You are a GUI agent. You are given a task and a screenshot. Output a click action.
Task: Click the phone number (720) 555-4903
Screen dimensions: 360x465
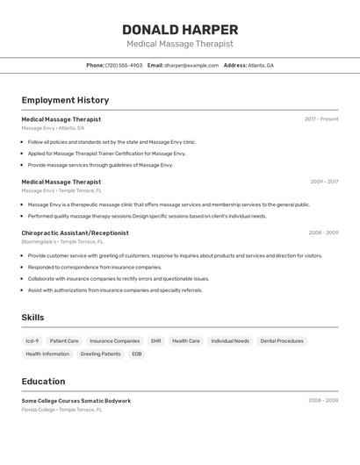point(124,65)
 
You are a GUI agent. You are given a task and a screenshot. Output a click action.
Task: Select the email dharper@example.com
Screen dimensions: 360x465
point(191,65)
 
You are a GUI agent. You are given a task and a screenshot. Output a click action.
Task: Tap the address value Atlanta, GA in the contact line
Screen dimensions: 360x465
point(261,65)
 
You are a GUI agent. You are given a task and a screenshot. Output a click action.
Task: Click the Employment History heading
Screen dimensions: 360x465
point(65,100)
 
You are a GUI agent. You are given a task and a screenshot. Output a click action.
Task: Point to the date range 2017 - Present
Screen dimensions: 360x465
point(321,119)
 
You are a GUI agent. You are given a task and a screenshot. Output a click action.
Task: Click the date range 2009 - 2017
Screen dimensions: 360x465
point(324,182)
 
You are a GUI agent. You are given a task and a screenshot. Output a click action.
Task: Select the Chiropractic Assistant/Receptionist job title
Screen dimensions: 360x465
point(75,232)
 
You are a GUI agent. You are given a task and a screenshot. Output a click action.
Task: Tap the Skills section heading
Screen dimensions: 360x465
point(32,318)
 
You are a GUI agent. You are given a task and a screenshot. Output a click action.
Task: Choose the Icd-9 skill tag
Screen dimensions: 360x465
point(32,340)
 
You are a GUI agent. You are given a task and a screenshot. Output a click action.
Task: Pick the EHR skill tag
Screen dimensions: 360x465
point(155,340)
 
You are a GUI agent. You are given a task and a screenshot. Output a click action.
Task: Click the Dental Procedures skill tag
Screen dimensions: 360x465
point(282,340)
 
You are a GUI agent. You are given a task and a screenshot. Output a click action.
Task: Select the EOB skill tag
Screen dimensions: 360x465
point(137,354)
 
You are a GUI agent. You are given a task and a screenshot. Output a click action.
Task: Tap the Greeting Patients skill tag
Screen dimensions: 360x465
point(100,354)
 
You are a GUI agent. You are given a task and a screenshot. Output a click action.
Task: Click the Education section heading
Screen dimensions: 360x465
point(43,382)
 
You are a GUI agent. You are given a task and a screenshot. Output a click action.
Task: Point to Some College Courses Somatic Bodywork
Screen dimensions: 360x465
point(76,400)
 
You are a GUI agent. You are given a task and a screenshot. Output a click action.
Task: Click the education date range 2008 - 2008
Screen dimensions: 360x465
point(323,400)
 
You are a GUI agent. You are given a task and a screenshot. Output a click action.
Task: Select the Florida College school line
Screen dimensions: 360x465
point(61,409)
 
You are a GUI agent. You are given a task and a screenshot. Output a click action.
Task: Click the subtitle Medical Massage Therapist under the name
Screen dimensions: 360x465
point(180,44)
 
